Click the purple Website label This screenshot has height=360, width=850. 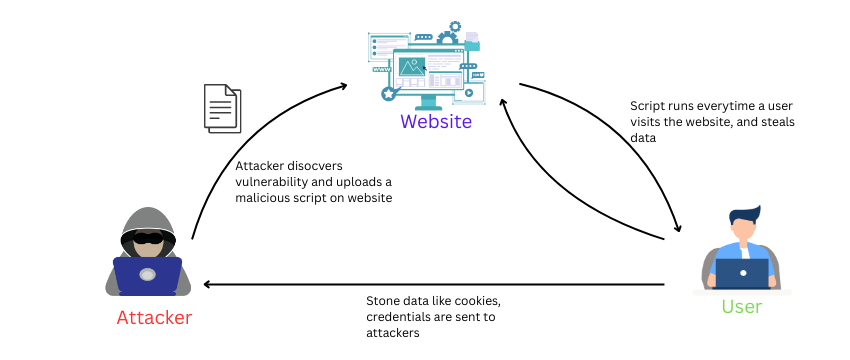pos(435,122)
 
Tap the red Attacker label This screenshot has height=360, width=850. pos(154,318)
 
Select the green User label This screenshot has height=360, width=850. pos(741,307)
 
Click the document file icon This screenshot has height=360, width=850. pos(222,107)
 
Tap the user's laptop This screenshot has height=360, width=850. pos(742,273)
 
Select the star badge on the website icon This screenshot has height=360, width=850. pos(388,93)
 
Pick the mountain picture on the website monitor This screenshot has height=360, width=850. pos(411,67)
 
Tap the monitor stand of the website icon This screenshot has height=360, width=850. pos(430,101)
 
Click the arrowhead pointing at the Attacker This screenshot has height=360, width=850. pos(207,284)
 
